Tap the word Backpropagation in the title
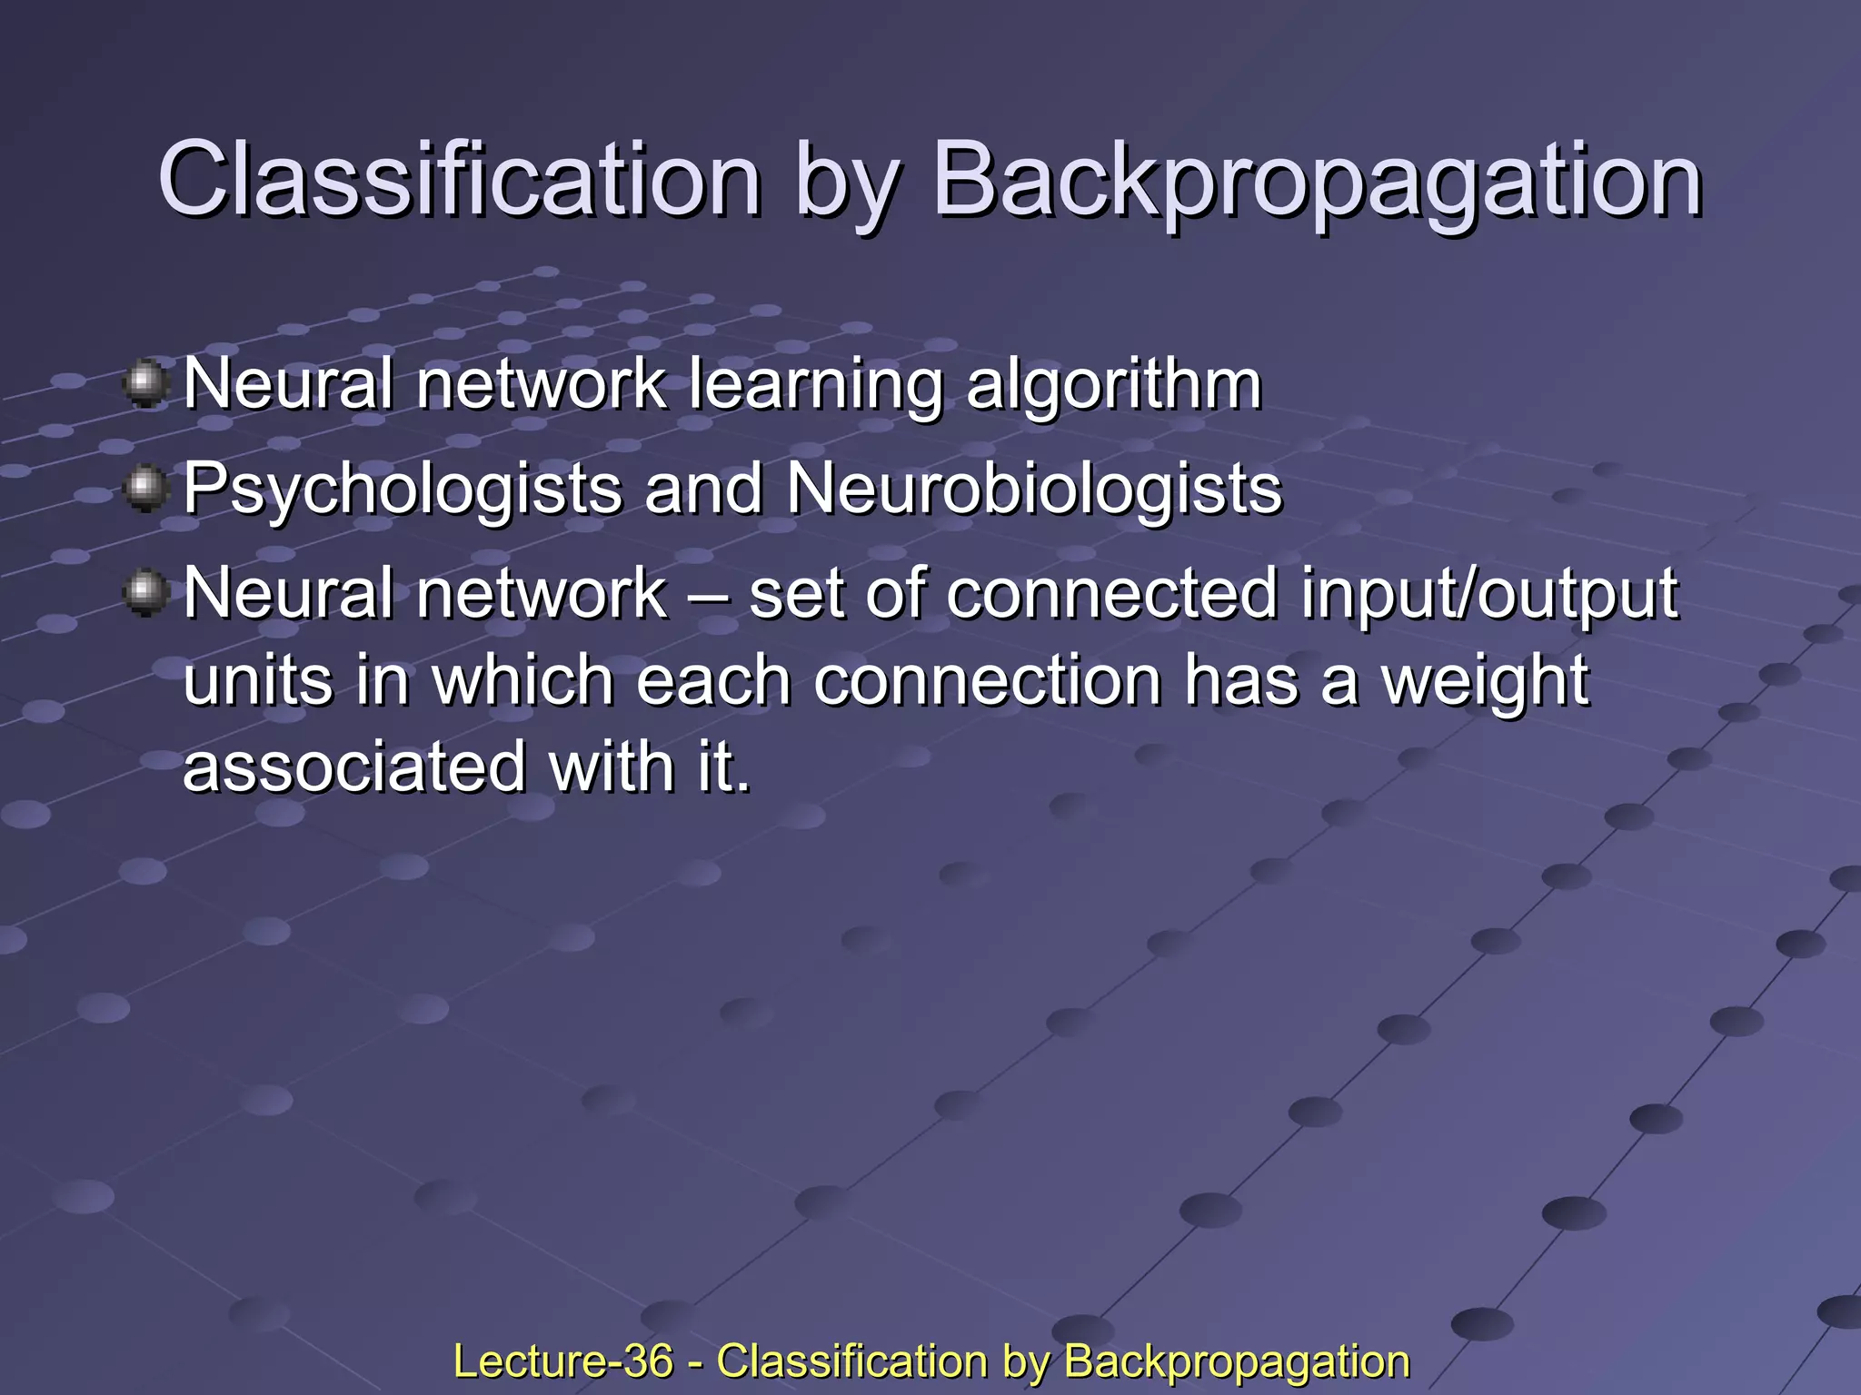pyautogui.click(x=1317, y=182)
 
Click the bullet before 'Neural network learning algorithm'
pyautogui.click(x=145, y=383)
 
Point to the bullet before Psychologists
pyautogui.click(x=145, y=489)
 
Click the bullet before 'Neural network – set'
pyautogui.click(x=145, y=593)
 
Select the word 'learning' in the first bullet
pyautogui.click(x=815, y=385)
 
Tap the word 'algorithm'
pyautogui.click(x=1113, y=385)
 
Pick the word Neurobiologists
pyautogui.click(x=1034, y=489)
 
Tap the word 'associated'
pyautogui.click(x=354, y=767)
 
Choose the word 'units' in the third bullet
pyautogui.click(x=258, y=680)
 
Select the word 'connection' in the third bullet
pyautogui.click(x=987, y=680)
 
